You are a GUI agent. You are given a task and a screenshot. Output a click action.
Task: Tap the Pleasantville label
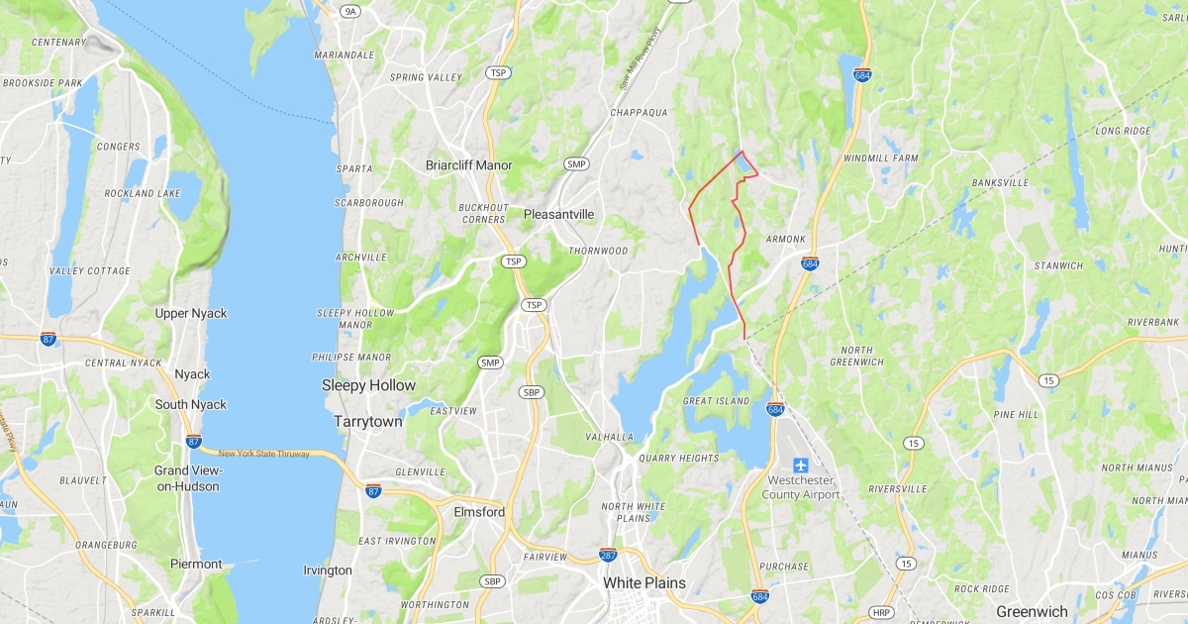pos(558,214)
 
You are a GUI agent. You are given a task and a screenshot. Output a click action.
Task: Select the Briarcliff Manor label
pos(468,164)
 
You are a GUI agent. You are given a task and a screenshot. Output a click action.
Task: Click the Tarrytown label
pos(368,421)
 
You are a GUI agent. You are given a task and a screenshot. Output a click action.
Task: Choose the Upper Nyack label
pos(191,313)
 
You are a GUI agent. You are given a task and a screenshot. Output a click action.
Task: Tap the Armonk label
pos(786,240)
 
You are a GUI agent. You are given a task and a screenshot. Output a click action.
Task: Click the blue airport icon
pos(802,466)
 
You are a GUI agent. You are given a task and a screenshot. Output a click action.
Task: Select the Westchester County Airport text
pos(803,488)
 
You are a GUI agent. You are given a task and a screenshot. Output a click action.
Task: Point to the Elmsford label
pos(479,512)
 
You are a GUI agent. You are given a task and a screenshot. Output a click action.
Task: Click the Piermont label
pos(196,564)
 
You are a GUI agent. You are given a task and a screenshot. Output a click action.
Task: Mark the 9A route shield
pos(349,11)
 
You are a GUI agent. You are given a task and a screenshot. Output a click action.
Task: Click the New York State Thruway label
pos(263,454)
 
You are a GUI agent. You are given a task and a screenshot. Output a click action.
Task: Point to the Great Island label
pos(718,401)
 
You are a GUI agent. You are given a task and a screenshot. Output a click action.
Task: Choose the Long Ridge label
pos(1124,131)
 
